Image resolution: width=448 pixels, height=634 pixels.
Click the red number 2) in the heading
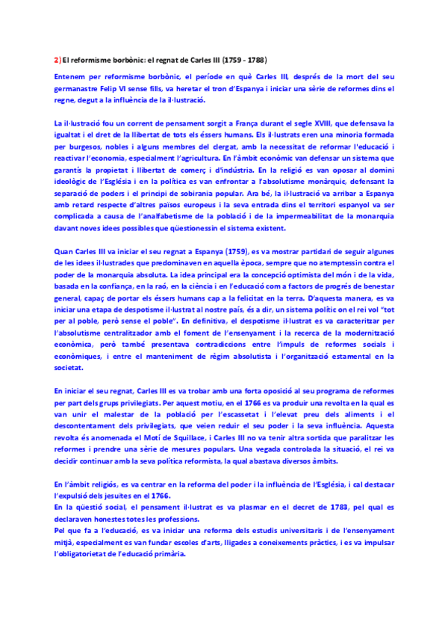tap(58, 60)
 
